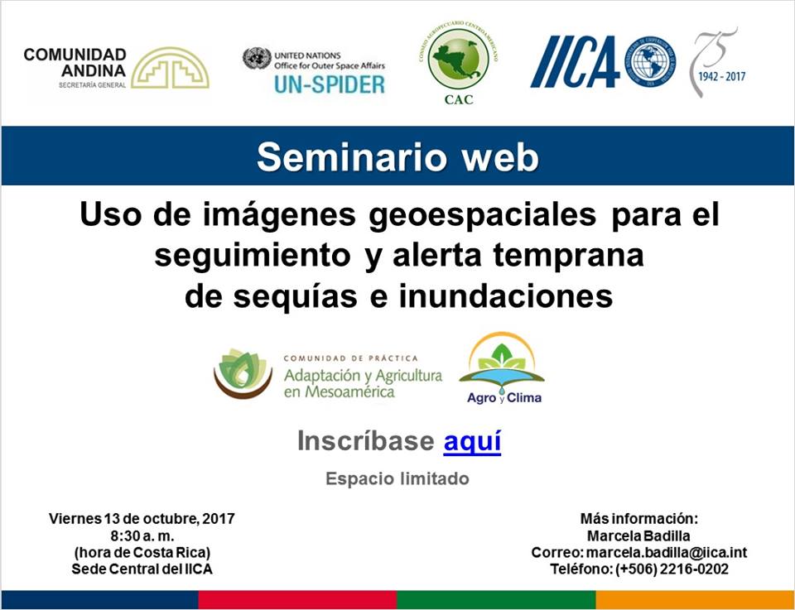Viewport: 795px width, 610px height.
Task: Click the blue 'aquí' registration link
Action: coord(472,441)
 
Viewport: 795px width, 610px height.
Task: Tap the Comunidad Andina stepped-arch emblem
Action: coord(170,69)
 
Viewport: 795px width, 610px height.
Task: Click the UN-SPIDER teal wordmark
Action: coord(330,84)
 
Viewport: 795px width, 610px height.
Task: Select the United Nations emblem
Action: coord(257,58)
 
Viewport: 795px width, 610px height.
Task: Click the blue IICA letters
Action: coord(576,61)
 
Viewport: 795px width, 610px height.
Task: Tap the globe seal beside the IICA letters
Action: coord(650,61)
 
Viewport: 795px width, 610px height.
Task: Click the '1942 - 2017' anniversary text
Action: coord(722,76)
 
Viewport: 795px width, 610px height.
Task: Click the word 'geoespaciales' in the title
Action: coord(482,216)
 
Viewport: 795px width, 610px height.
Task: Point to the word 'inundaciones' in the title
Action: coord(506,296)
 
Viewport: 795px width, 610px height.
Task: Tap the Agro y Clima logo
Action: coord(502,369)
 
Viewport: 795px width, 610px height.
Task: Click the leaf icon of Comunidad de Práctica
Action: coord(243,373)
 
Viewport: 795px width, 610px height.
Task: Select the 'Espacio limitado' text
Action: coord(397,478)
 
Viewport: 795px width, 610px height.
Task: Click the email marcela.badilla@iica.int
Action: coord(667,552)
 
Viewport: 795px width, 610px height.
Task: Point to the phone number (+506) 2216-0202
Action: coord(672,569)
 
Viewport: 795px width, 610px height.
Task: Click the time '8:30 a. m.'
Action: coord(142,536)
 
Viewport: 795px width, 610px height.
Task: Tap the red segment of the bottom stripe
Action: coord(297,600)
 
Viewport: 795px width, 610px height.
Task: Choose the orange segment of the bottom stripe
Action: coord(695,600)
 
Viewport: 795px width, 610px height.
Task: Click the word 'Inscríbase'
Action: coord(365,440)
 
